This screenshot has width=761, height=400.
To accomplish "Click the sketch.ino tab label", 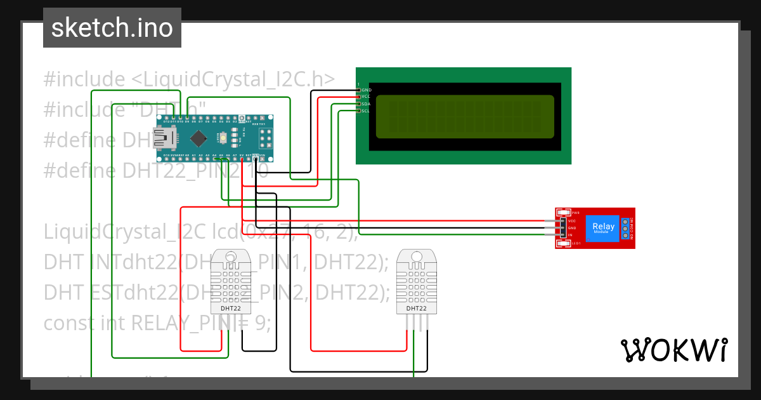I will [x=112, y=28].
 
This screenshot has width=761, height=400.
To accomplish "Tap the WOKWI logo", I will [x=673, y=350].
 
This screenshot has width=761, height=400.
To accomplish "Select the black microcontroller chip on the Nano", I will [x=199, y=137].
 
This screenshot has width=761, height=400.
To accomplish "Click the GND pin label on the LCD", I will [x=366, y=90].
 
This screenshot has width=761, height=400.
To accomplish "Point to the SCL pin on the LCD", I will [x=365, y=111].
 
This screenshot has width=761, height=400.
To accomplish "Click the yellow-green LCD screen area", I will [x=464, y=117].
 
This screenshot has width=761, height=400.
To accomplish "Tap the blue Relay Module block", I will [x=602, y=228].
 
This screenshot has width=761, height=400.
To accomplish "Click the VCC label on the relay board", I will [x=571, y=220].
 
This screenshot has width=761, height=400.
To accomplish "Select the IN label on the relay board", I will [x=570, y=235].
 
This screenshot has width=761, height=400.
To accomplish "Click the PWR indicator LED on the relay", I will [x=564, y=213].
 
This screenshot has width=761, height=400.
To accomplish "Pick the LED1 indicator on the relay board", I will [x=564, y=243].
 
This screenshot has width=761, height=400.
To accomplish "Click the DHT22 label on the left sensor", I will [x=230, y=309].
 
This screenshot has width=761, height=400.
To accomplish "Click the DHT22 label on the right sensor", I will [x=416, y=309].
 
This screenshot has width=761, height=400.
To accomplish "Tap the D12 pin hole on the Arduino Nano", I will [x=166, y=118].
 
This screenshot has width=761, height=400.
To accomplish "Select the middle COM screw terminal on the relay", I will [x=625, y=228].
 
